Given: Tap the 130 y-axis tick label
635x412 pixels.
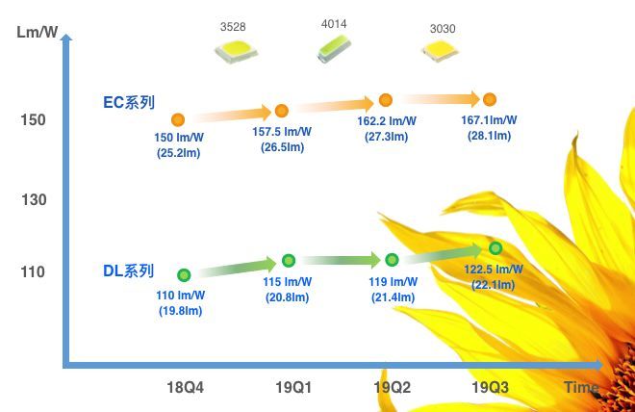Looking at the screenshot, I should pyautogui.click(x=31, y=199).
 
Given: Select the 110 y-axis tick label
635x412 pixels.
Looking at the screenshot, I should pyautogui.click(x=31, y=271).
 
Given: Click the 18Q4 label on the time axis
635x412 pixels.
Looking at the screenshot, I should pyautogui.click(x=187, y=388).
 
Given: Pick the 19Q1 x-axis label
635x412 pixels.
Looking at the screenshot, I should pyautogui.click(x=291, y=388).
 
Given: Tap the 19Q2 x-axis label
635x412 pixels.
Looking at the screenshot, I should pyautogui.click(x=393, y=388).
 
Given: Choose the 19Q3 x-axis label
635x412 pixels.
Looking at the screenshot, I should pyautogui.click(x=490, y=388).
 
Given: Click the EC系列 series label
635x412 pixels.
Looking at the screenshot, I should pyautogui.click(x=129, y=101).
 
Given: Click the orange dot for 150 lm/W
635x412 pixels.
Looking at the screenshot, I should pyautogui.click(x=178, y=120).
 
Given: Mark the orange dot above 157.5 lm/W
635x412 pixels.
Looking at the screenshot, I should pyautogui.click(x=282, y=111).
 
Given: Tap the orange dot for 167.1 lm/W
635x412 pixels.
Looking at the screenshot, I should pyautogui.click(x=490, y=99).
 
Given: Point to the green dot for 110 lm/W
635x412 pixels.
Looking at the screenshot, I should pyautogui.click(x=184, y=274).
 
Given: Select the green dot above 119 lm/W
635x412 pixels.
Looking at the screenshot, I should pyautogui.click(x=392, y=260).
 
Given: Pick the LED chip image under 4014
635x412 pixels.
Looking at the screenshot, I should pyautogui.click(x=334, y=49).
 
